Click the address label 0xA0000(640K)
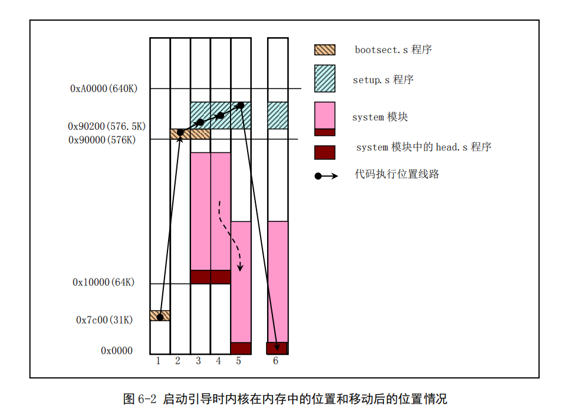104,89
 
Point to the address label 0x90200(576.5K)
107,126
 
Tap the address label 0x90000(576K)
102,140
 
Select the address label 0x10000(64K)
104,282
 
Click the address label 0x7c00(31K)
104,320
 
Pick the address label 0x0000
117,351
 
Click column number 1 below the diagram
158,361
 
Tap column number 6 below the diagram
275,361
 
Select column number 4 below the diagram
218,361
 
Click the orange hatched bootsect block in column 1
160,316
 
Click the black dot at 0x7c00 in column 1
160,317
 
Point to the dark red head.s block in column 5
241,348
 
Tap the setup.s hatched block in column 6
278,116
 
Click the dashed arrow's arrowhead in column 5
240,268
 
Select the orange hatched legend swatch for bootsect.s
325,50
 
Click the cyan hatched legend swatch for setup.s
325,79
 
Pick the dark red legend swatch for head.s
325,152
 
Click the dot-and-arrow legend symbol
326,176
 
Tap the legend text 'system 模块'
380,117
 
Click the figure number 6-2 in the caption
147,399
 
